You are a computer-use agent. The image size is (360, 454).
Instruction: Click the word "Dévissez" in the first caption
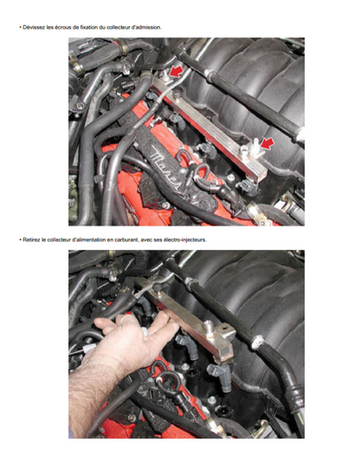(31, 28)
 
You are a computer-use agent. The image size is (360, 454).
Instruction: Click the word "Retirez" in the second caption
(29, 240)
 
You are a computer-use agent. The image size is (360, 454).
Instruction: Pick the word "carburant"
(127, 240)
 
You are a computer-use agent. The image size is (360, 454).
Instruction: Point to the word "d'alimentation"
(85, 240)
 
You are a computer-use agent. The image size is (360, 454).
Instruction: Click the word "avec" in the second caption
(146, 240)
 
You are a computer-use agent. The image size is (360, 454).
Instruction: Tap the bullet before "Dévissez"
(20, 28)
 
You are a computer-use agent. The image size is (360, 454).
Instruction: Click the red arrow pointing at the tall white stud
(267, 144)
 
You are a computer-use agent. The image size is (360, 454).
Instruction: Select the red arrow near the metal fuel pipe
(177, 72)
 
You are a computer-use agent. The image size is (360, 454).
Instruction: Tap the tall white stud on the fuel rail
(255, 144)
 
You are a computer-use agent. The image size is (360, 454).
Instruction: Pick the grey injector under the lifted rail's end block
(220, 376)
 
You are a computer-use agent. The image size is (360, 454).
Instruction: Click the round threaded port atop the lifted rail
(209, 325)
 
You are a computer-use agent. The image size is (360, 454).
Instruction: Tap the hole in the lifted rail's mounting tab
(226, 329)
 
